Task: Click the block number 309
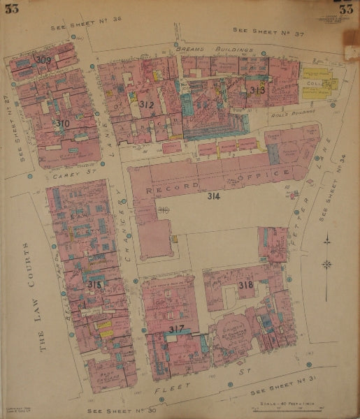point(43,61)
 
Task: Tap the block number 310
point(63,123)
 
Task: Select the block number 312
point(146,105)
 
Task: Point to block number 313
point(257,90)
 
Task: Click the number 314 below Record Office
point(214,197)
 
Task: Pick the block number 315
point(94,285)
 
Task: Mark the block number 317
point(176,329)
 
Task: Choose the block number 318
point(245,285)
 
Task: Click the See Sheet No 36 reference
point(87,28)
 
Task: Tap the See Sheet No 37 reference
point(259,31)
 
